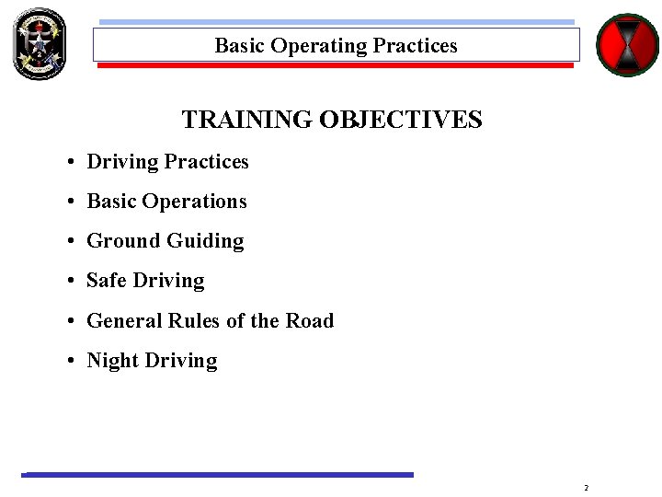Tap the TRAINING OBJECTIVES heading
(332, 120)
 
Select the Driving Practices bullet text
(167, 162)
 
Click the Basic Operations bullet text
(166, 202)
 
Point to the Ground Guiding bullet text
(165, 241)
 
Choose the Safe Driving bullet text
(145, 281)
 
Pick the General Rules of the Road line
(210, 321)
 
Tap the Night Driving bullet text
(152, 361)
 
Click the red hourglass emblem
(627, 44)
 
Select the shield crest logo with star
(40, 43)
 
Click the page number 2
(586, 487)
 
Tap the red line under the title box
(336, 65)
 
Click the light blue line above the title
(336, 22)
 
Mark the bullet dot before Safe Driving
(71, 282)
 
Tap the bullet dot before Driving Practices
(71, 163)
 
